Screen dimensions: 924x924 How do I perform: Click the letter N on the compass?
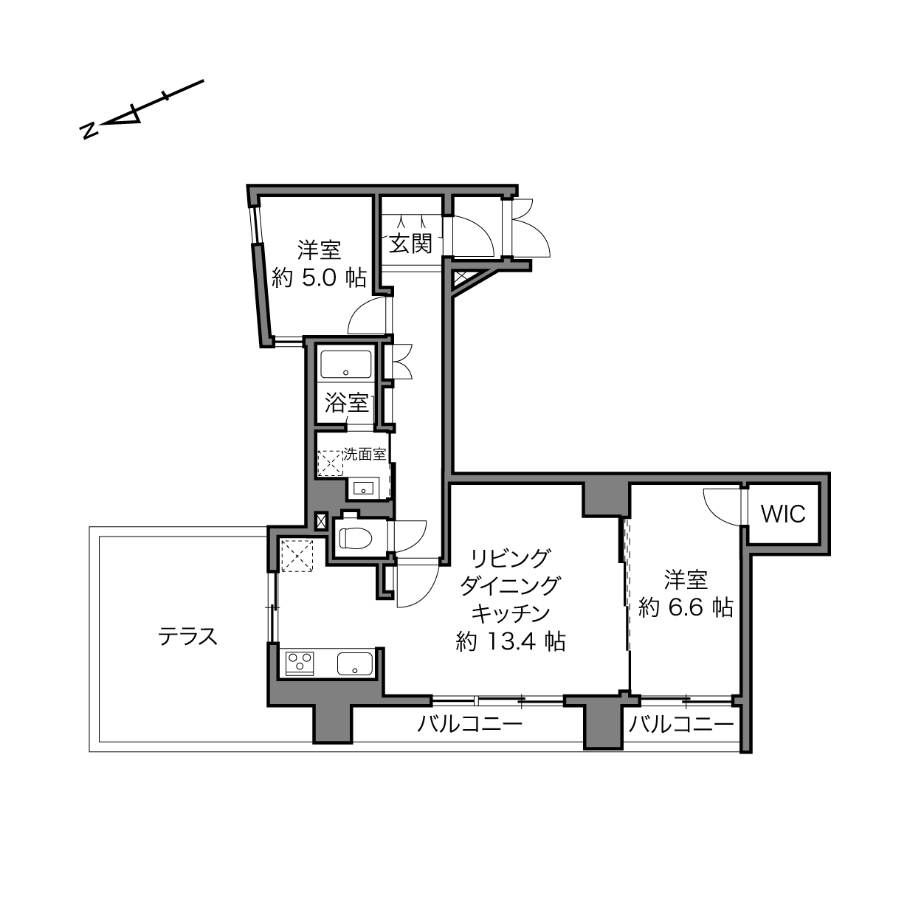pyautogui.click(x=89, y=131)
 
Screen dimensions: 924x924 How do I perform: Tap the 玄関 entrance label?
pyautogui.click(x=411, y=244)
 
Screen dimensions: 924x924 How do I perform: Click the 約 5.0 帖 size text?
pyautogui.click(x=319, y=277)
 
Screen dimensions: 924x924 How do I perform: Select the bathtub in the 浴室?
pyautogui.click(x=345, y=365)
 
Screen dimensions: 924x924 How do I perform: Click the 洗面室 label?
pyautogui.click(x=365, y=454)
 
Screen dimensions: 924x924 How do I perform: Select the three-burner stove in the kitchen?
pyautogui.click(x=300, y=663)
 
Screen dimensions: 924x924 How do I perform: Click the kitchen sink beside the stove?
pyautogui.click(x=355, y=663)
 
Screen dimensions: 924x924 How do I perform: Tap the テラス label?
pyautogui.click(x=188, y=636)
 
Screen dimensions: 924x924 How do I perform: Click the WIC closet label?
pyautogui.click(x=783, y=514)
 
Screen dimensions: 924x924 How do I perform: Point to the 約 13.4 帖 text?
pyautogui.click(x=510, y=641)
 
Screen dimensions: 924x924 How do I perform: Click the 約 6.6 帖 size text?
pyautogui.click(x=686, y=607)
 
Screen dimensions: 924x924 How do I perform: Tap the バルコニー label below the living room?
pyautogui.click(x=469, y=723)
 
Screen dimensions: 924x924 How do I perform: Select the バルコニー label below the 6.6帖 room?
pyautogui.click(x=681, y=723)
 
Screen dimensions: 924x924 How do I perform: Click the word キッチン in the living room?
pyautogui.click(x=510, y=613)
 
